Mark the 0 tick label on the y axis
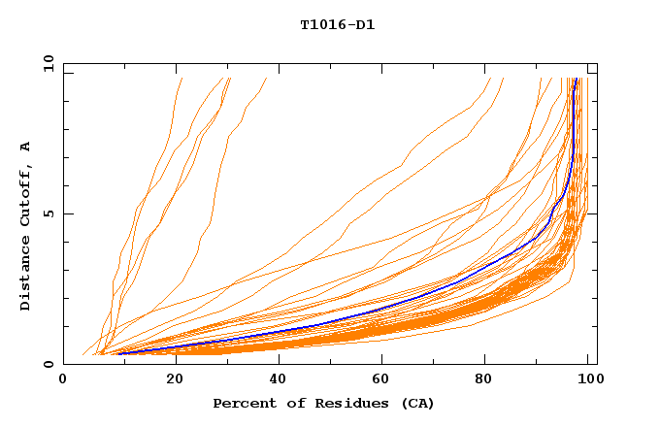coord(49,364)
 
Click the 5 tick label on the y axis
coord(49,213)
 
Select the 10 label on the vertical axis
coord(47,63)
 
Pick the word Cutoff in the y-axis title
coord(25,193)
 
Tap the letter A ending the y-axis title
coord(25,147)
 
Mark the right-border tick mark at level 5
coord(593,213)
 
